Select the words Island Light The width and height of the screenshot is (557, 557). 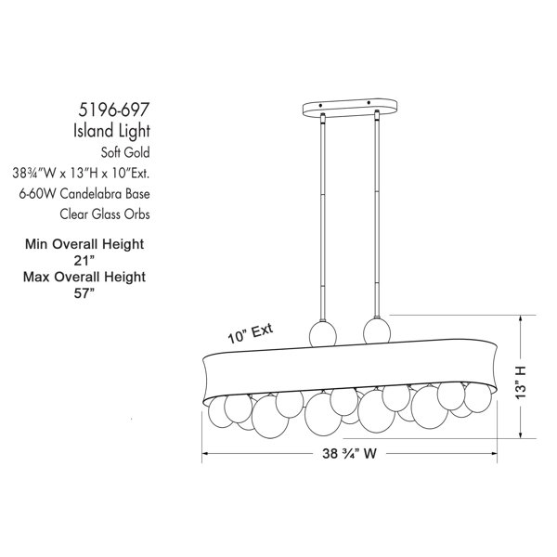(111, 131)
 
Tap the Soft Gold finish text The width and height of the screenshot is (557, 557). (125, 153)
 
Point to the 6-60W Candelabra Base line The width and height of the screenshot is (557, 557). (84, 194)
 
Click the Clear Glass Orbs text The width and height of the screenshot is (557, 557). (105, 214)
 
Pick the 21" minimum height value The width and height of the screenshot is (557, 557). (84, 261)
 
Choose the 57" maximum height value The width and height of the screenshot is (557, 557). (84, 293)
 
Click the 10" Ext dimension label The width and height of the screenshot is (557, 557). (251, 333)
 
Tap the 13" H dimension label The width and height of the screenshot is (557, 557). (521, 382)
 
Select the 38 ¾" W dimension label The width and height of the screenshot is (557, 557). (349, 454)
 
